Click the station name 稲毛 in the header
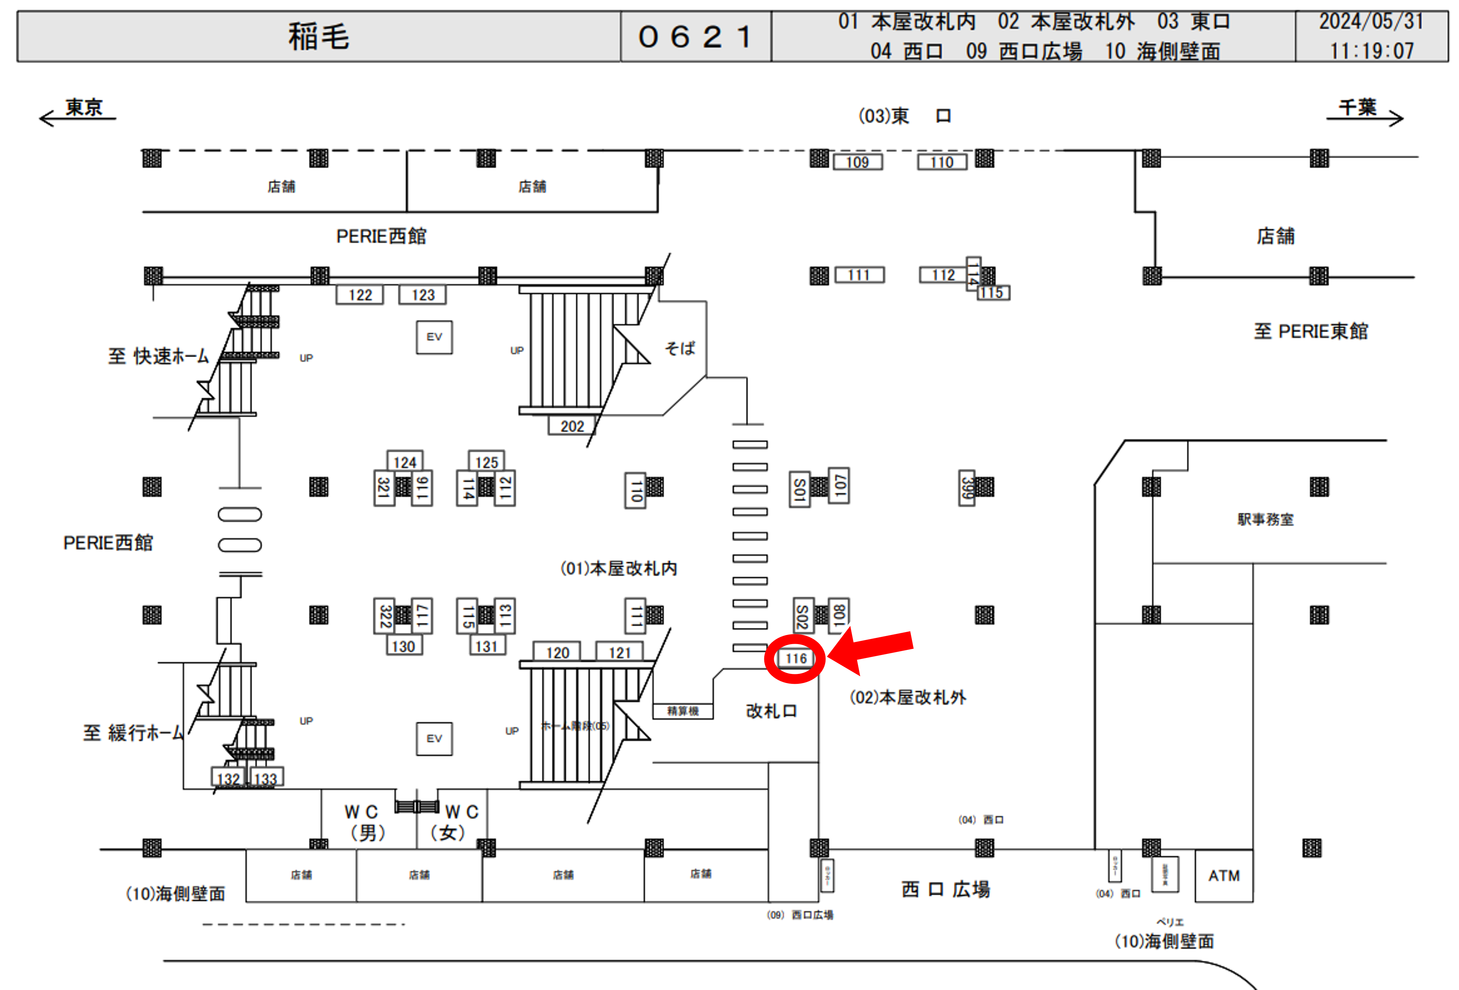318,36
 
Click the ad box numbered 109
858,162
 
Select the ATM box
1224,876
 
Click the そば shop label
680,348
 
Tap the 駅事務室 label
1265,520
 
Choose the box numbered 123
423,295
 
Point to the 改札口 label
771,711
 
